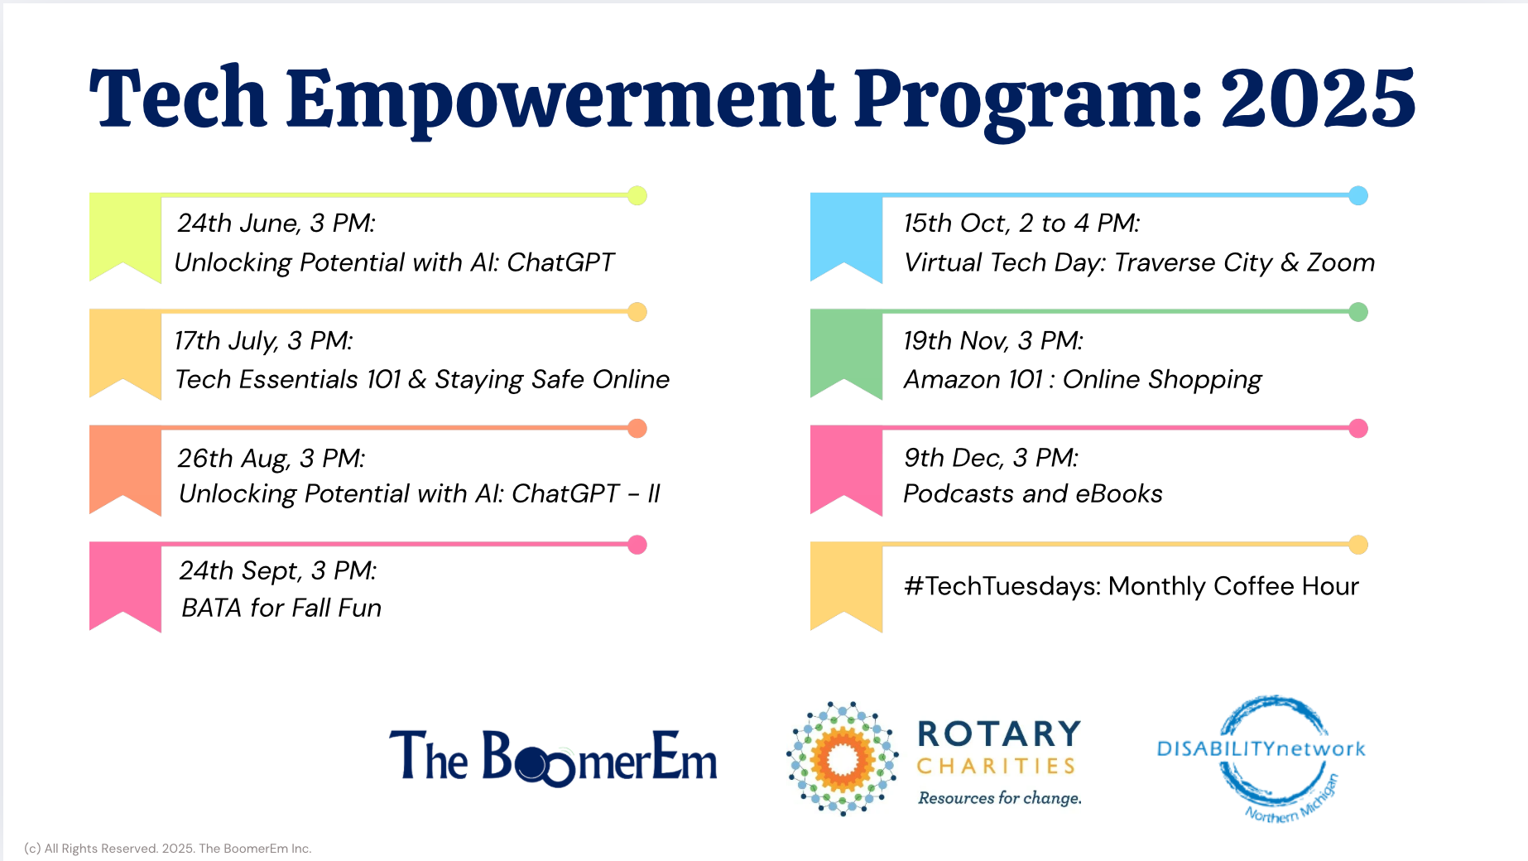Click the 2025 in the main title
1318,99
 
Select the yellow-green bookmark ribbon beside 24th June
125,238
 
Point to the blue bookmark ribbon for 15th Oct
846,238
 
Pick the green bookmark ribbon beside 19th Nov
846,354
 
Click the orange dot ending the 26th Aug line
637,428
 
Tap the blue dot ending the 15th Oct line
1358,195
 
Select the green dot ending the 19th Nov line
1358,312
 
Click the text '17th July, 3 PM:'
264,341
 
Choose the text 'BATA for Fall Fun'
281,608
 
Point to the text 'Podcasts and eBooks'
1033,493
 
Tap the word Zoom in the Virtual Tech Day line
1341,262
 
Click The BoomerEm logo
553,757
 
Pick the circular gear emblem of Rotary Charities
843,758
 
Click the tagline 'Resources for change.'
1000,798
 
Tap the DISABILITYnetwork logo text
1261,749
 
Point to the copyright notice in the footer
168,849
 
